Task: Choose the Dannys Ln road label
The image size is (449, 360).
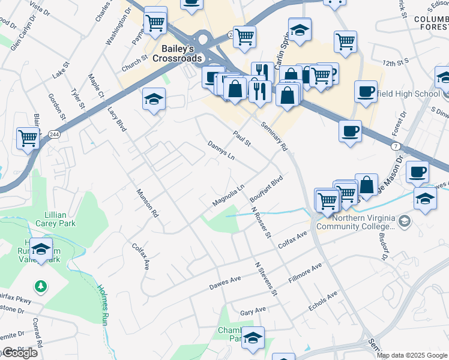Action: [221, 151]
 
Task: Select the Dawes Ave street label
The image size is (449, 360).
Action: [224, 282]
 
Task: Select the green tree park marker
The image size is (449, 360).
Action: [41, 287]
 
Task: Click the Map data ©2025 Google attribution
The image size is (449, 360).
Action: [412, 355]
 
